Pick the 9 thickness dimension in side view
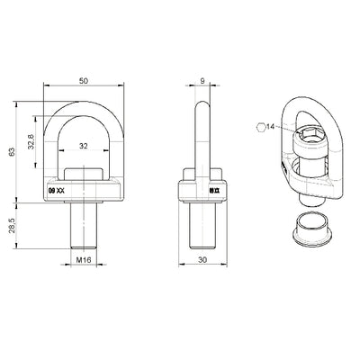pyautogui.click(x=202, y=81)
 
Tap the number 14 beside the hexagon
pyautogui.click(x=273, y=127)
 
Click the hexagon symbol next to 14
pyautogui.click(x=260, y=127)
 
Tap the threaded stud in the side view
pyautogui.click(x=203, y=225)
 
